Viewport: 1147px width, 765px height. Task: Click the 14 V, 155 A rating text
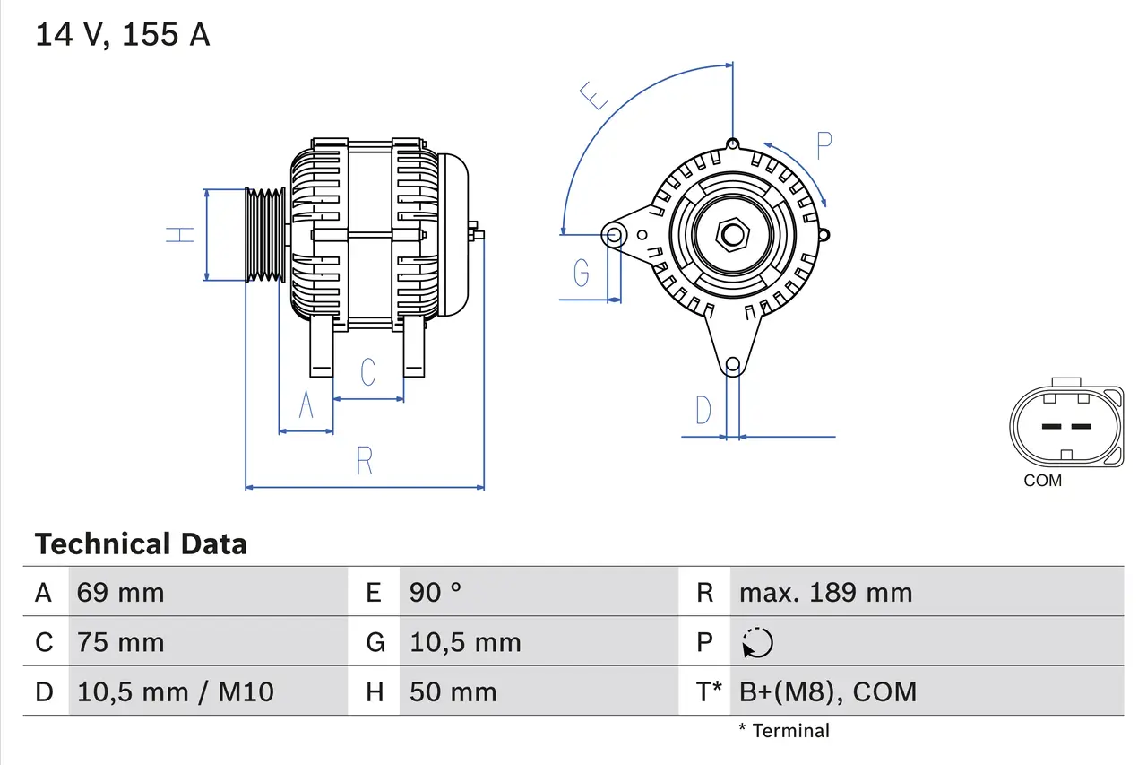122,35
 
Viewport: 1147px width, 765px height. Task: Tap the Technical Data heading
141,544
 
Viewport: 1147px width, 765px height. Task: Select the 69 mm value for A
120,593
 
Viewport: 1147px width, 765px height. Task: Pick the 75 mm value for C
120,643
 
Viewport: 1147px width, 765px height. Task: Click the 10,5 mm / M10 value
176,692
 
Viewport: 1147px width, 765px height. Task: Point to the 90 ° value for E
436,593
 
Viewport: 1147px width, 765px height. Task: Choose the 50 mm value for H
453,692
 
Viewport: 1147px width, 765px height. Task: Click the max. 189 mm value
825,593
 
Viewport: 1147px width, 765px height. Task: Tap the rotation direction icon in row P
757,643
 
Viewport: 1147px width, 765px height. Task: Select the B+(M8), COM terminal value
828,692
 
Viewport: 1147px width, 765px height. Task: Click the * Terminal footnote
784,731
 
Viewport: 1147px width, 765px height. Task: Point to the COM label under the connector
1042,482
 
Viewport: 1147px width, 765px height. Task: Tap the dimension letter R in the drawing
364,461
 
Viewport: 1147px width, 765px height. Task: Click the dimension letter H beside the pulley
181,235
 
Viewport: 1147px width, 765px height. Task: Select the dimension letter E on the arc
594,94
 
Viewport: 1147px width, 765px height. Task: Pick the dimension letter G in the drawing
582,271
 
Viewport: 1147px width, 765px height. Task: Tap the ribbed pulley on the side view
264,235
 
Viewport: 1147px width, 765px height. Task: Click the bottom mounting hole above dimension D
733,364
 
